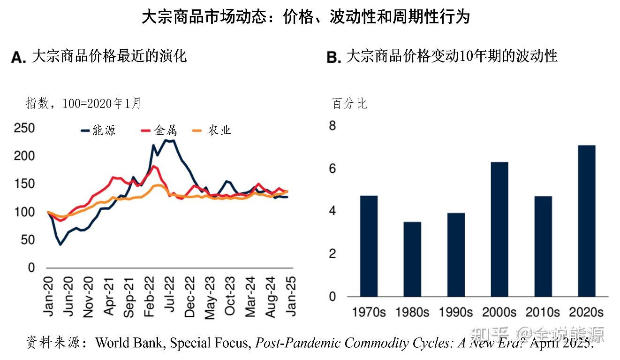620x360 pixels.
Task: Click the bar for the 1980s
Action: click(x=412, y=259)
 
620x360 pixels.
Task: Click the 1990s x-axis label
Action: click(x=456, y=312)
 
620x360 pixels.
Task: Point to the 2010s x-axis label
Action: click(x=543, y=312)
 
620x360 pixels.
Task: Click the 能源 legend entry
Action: click(x=98, y=131)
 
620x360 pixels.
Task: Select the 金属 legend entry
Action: click(x=160, y=131)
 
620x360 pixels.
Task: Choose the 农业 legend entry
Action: click(x=213, y=131)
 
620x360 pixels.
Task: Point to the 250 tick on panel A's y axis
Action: click(x=24, y=128)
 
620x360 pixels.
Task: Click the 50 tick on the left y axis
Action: click(x=28, y=240)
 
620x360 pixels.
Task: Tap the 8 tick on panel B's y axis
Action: click(x=333, y=126)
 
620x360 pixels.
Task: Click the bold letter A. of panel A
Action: click(x=18, y=57)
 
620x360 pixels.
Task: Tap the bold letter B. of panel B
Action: click(x=333, y=57)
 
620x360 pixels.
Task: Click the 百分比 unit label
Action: click(x=349, y=103)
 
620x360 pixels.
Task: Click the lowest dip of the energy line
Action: click(x=60, y=245)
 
